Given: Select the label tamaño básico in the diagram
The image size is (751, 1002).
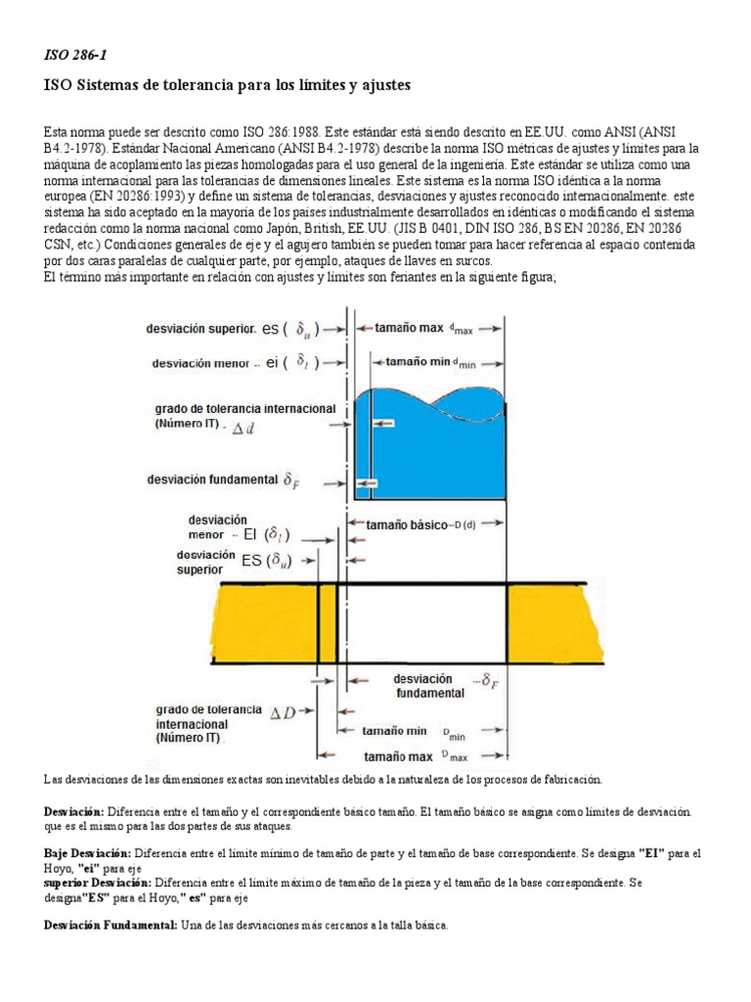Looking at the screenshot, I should pyautogui.click(x=403, y=524).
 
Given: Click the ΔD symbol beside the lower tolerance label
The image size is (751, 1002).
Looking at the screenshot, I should pyautogui.click(x=283, y=713).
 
